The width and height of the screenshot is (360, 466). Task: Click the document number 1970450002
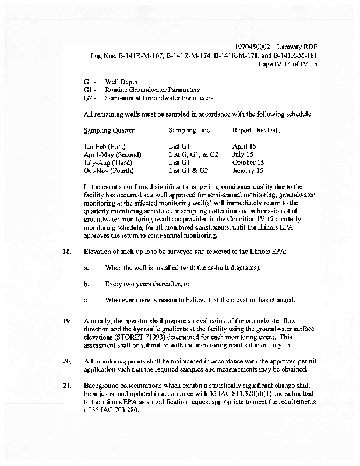pyautogui.click(x=253, y=46)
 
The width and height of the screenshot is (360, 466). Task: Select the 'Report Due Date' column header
pyautogui.click(x=256, y=130)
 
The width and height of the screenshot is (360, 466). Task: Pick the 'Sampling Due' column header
pyautogui.click(x=189, y=130)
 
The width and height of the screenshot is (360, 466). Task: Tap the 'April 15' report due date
pyautogui.click(x=245, y=146)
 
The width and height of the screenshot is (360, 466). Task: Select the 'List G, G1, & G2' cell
pyautogui.click(x=193, y=154)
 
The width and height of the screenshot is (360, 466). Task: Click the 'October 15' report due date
pyautogui.click(x=248, y=163)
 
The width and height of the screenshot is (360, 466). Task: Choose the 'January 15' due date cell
pyautogui.click(x=248, y=171)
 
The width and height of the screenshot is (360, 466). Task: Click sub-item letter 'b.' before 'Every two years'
pyautogui.click(x=86, y=284)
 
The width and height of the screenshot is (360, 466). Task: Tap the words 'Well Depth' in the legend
pyautogui.click(x=122, y=83)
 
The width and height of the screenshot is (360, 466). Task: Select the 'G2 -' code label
pyautogui.click(x=90, y=98)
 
